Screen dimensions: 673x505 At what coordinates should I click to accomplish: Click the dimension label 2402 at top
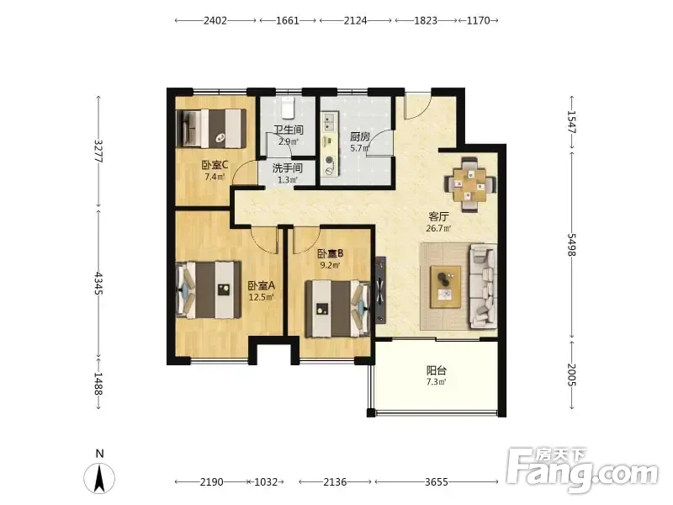pyautogui.click(x=215, y=20)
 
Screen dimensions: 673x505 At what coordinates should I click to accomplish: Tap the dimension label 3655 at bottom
pyautogui.click(x=437, y=481)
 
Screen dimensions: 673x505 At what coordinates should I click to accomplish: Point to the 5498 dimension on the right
pyautogui.click(x=571, y=245)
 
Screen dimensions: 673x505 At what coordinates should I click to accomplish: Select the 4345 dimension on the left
pyautogui.click(x=98, y=283)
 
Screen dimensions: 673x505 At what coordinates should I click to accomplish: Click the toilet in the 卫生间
pyautogui.click(x=288, y=108)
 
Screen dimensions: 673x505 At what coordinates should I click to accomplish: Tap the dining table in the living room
pyautogui.click(x=470, y=185)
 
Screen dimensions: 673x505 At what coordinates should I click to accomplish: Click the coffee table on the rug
pyautogui.click(x=446, y=286)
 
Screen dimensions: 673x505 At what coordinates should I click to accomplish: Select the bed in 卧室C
pyautogui.click(x=211, y=128)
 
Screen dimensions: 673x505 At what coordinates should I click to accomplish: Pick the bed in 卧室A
pyautogui.click(x=209, y=290)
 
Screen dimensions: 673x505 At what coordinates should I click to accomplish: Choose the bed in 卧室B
pyautogui.click(x=337, y=308)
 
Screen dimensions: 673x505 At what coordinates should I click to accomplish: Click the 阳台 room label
pyautogui.click(x=437, y=370)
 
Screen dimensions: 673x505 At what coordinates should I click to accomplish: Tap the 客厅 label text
pyautogui.click(x=438, y=216)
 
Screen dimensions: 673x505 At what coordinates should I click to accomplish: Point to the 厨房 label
pyautogui.click(x=360, y=137)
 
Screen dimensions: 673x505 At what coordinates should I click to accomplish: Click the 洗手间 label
pyautogui.click(x=287, y=167)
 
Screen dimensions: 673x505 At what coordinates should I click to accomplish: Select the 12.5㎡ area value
pyautogui.click(x=262, y=297)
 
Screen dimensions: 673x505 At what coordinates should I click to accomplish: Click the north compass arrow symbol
pyautogui.click(x=99, y=478)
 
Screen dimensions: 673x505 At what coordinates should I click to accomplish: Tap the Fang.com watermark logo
pyautogui.click(x=581, y=470)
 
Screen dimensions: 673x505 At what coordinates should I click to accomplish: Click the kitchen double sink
pyautogui.click(x=330, y=121)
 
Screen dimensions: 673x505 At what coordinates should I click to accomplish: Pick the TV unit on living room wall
pyautogui.click(x=380, y=290)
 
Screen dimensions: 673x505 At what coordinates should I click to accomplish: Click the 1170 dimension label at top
pyautogui.click(x=478, y=20)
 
